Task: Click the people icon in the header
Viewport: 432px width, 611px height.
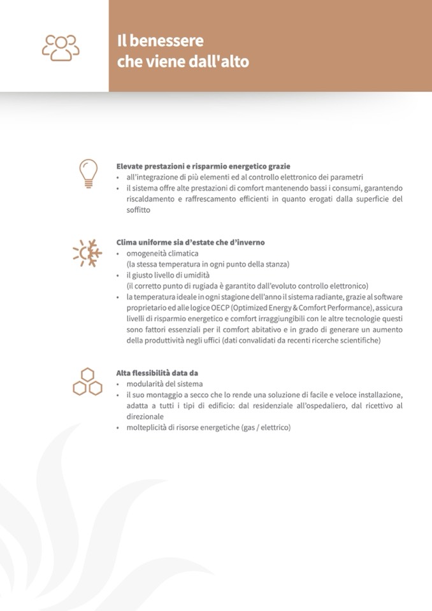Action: (x=61, y=47)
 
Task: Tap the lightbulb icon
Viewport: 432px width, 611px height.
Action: (x=88, y=173)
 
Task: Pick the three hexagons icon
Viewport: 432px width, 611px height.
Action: (x=87, y=381)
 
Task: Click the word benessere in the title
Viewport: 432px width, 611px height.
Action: (x=169, y=41)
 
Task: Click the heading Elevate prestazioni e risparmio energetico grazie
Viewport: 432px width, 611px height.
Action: (x=203, y=166)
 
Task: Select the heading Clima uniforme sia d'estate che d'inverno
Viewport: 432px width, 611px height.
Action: (x=191, y=242)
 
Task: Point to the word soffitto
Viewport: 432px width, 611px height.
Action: (x=140, y=210)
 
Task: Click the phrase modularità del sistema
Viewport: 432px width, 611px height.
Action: (x=164, y=384)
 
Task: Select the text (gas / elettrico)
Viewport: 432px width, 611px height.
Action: (x=266, y=428)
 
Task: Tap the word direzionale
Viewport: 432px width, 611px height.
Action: (x=145, y=416)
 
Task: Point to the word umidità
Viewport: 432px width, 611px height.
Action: (x=195, y=275)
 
